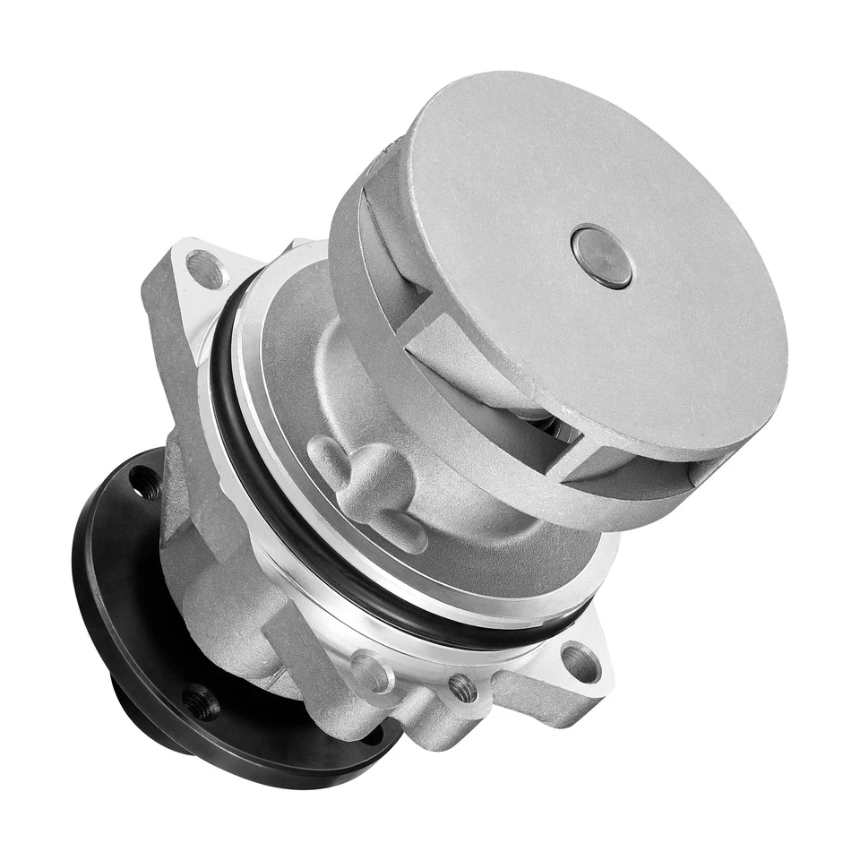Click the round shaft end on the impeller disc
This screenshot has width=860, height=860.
(x=601, y=257)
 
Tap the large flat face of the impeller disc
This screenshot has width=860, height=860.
(x=627, y=340)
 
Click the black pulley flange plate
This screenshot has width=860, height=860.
(x=116, y=573)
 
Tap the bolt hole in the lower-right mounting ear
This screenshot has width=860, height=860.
(x=580, y=664)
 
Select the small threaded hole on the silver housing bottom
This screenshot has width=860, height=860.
(x=462, y=688)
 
